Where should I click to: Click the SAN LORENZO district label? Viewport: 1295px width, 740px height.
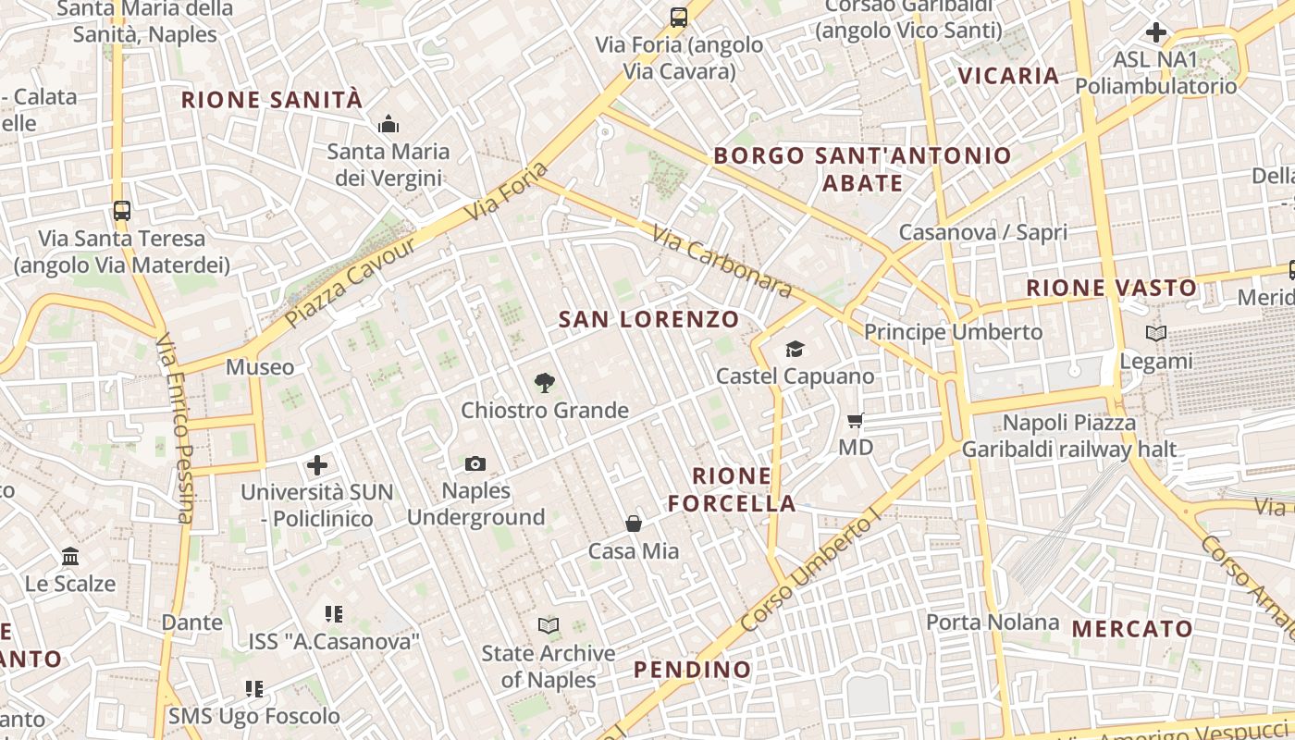pyautogui.click(x=649, y=320)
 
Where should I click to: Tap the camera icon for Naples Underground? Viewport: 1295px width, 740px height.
pyautogui.click(x=475, y=463)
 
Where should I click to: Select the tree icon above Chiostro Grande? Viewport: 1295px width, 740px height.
pyautogui.click(x=546, y=382)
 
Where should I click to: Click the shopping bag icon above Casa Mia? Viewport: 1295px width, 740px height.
pyautogui.click(x=634, y=524)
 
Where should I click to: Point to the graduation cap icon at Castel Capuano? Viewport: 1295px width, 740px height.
pyautogui.click(x=795, y=349)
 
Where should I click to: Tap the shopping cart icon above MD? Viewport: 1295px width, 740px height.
pyautogui.click(x=856, y=420)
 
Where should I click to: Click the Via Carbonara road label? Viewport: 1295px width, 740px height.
pyautogui.click(x=722, y=261)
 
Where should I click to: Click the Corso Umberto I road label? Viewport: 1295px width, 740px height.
pyautogui.click(x=808, y=573)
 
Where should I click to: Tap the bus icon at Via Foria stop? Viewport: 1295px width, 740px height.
pyautogui.click(x=679, y=17)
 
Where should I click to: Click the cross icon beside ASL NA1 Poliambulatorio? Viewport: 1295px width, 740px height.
pyautogui.click(x=1155, y=32)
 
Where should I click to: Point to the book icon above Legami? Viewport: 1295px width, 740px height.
pyautogui.click(x=1155, y=333)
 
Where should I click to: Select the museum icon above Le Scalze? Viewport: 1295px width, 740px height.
pyautogui.click(x=70, y=556)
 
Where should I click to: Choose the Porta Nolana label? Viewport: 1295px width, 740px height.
pyautogui.click(x=992, y=622)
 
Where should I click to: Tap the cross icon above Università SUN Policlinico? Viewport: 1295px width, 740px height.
pyautogui.click(x=317, y=465)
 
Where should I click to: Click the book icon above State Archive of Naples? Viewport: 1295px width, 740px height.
pyautogui.click(x=549, y=626)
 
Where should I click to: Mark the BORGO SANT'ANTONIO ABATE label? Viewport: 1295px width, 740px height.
pyautogui.click(x=862, y=168)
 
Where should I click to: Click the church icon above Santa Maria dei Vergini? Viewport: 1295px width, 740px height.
pyautogui.click(x=388, y=123)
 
